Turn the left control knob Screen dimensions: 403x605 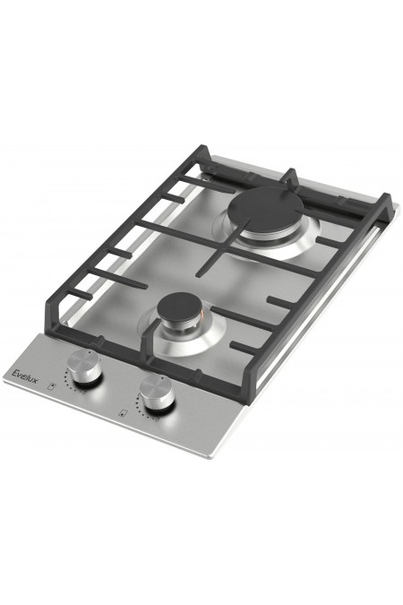point(84,367)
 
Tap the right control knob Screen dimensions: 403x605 point(157,393)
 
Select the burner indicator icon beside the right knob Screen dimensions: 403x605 point(123,414)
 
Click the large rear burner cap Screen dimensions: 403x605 point(262,210)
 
